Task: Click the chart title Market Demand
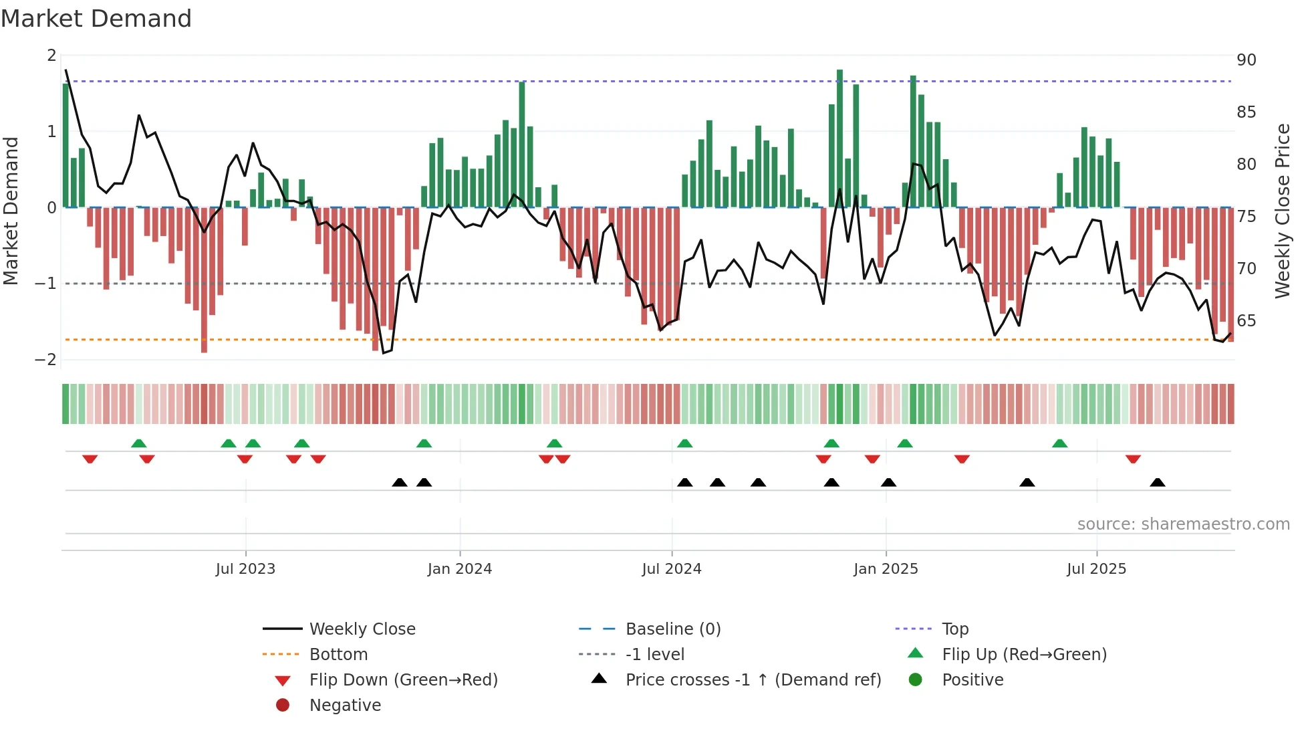(96, 19)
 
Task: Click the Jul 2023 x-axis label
(245, 569)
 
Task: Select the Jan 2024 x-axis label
(459, 569)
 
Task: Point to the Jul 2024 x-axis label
(671, 569)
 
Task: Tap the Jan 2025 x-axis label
(886, 569)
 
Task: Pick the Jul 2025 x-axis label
(1096, 569)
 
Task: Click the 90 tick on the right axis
(1246, 60)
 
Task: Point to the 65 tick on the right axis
(1246, 321)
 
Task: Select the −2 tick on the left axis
(45, 360)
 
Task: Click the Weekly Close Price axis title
(1282, 211)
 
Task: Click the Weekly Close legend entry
(362, 629)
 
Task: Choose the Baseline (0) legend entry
(672, 629)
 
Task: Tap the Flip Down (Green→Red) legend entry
(403, 680)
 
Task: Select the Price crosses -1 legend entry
(753, 680)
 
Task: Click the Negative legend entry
(345, 706)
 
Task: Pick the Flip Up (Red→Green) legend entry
(1024, 655)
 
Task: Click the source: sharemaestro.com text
(1183, 524)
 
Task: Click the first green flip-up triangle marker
(138, 443)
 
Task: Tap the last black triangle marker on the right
(1158, 482)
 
